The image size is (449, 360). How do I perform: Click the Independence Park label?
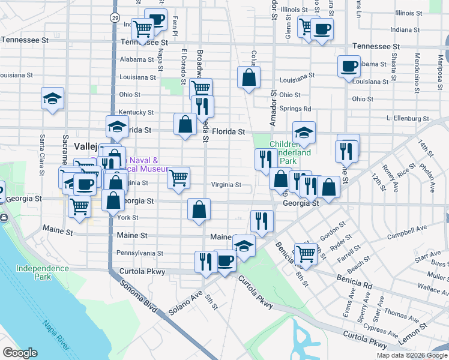pyautogui.click(x=43, y=272)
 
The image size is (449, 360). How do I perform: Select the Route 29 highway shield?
pyautogui.click(x=114, y=18)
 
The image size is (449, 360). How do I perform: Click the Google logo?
pyautogui.click(x=20, y=353)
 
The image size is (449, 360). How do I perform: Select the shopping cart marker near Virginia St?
pyautogui.click(x=178, y=178)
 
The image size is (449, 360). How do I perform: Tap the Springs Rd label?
pyautogui.click(x=295, y=109)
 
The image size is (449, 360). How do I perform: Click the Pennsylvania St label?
pyautogui.click(x=140, y=253)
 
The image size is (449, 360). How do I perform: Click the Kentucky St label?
pyautogui.click(x=136, y=112)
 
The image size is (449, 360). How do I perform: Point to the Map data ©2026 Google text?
pyautogui.click(x=411, y=355)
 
